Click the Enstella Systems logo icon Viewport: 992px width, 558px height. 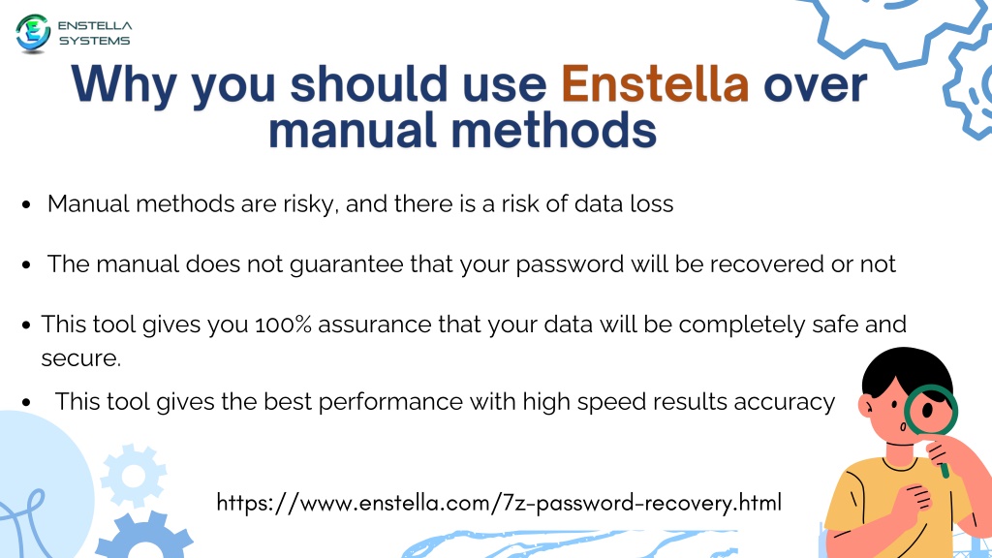[x=33, y=33]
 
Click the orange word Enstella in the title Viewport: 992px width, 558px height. [x=655, y=84]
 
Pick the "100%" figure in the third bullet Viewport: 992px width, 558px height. [x=284, y=325]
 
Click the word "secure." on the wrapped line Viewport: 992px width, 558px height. [x=81, y=358]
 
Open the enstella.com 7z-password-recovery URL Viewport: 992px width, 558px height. [x=499, y=503]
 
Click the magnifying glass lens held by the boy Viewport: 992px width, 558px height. [x=931, y=410]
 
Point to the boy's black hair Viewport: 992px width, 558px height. [x=907, y=370]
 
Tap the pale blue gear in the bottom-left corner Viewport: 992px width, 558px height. [x=134, y=476]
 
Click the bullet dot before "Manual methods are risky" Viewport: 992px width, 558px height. [x=26, y=204]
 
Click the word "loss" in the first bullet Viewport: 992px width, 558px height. [x=652, y=204]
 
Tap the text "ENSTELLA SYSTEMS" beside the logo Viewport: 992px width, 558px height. [x=95, y=33]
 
